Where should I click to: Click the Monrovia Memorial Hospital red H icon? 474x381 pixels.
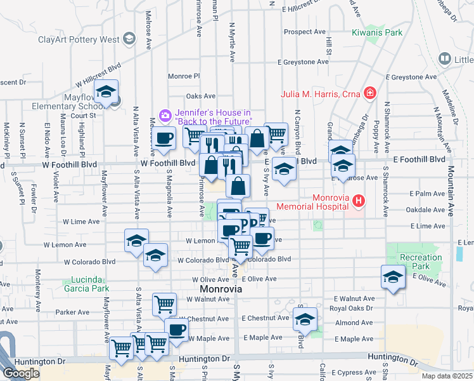tap(359, 201)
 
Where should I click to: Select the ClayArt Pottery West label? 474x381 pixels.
tap(79, 39)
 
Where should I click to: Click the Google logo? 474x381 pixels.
tap(21, 373)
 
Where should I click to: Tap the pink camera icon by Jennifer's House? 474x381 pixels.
tap(165, 115)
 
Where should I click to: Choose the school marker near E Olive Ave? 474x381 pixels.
tap(393, 277)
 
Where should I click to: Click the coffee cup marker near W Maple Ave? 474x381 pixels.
tap(176, 329)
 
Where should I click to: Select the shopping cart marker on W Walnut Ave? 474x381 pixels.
tap(164, 304)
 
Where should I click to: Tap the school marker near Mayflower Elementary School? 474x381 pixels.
tap(106, 93)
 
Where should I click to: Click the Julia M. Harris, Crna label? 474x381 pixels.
tap(321, 95)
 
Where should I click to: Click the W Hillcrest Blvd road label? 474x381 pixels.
tap(98, 75)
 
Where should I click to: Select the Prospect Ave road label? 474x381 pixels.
tap(304, 32)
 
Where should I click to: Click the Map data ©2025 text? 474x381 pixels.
tap(446, 376)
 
